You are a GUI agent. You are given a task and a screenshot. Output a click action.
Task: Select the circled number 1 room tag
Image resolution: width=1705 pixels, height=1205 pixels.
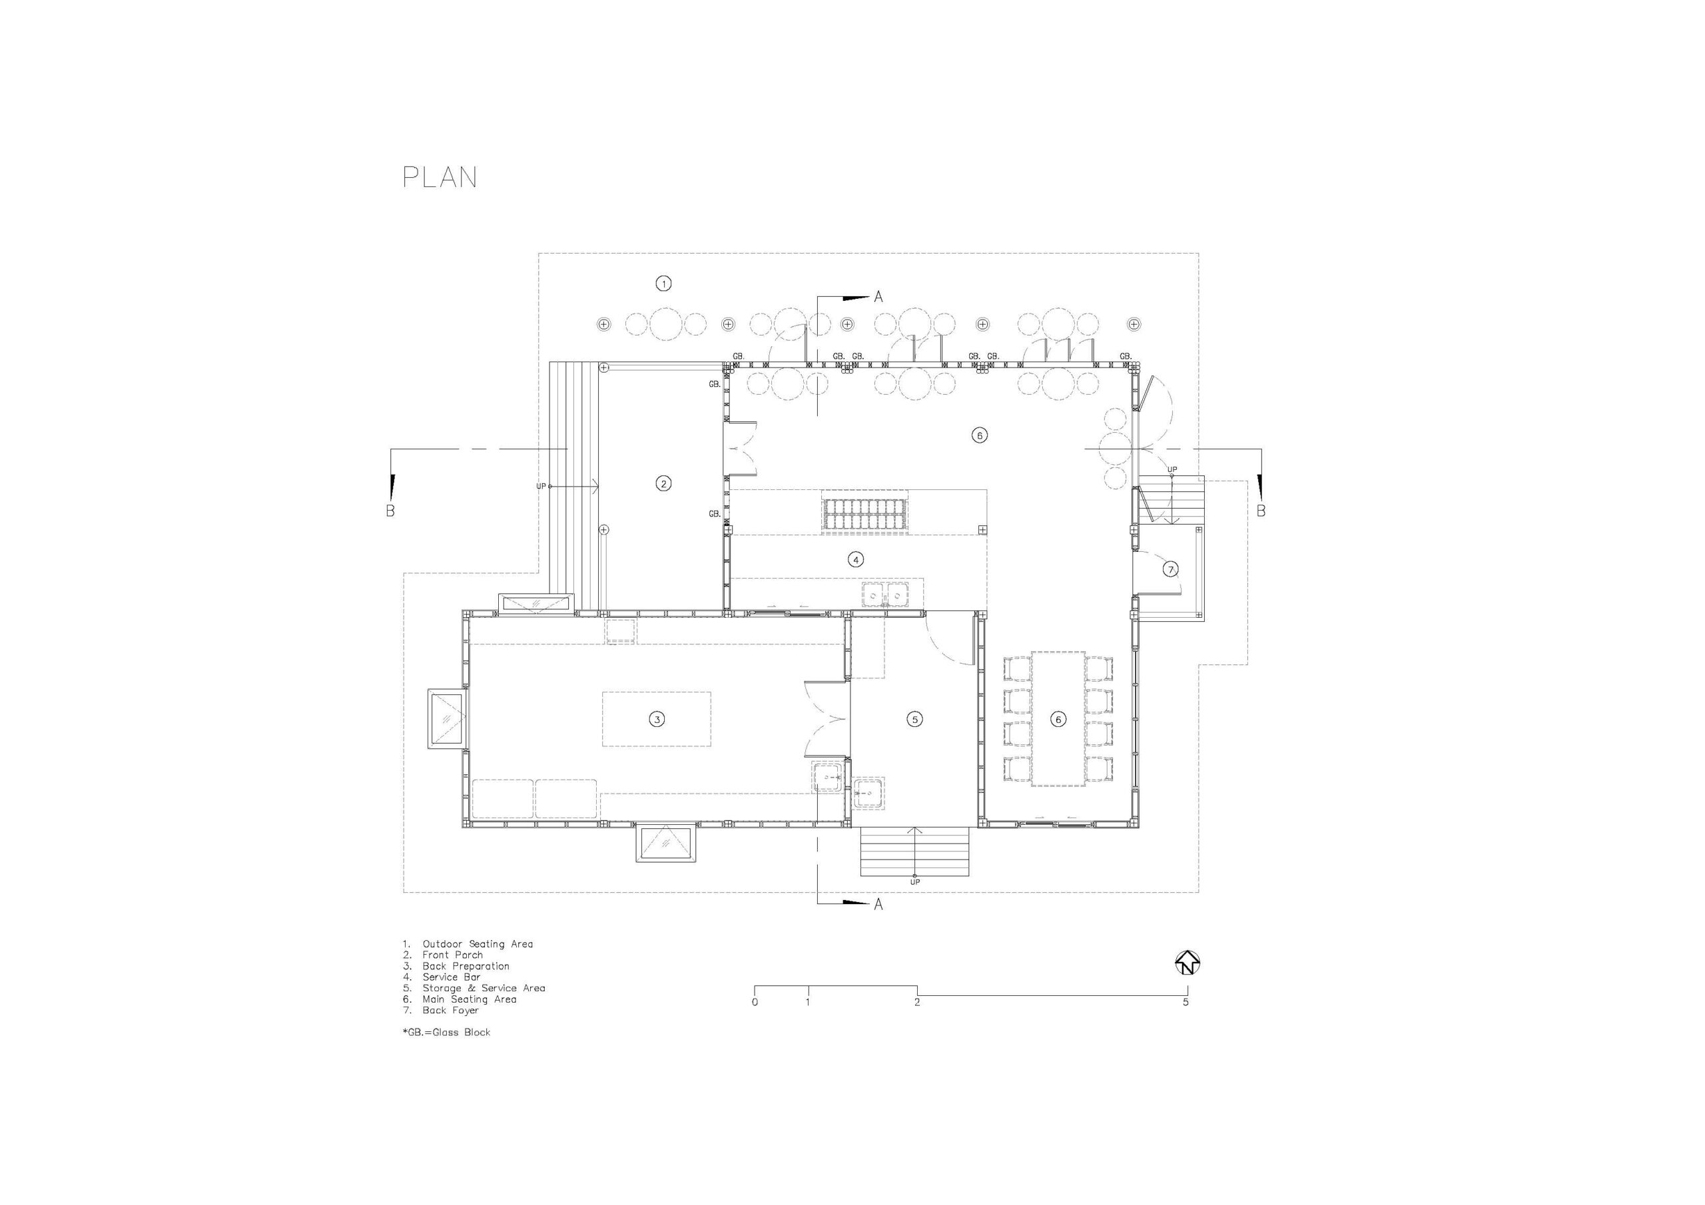click(x=664, y=283)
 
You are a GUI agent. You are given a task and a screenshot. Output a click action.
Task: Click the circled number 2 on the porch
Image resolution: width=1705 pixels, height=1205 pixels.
click(x=664, y=483)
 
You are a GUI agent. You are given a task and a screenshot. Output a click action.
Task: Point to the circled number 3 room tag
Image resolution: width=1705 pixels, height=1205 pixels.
click(x=657, y=719)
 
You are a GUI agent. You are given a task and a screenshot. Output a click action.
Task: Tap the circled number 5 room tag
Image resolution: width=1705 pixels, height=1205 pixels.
click(x=915, y=719)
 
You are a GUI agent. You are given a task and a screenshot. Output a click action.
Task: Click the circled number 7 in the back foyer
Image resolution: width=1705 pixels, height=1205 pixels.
click(x=1170, y=569)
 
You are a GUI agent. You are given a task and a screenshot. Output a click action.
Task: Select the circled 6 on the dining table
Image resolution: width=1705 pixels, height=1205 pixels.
click(x=1059, y=719)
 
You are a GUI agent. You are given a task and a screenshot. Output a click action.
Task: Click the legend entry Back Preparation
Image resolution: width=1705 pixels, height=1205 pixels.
click(x=466, y=966)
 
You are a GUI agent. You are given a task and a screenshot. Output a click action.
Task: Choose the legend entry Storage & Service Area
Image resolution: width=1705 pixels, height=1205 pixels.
click(x=484, y=988)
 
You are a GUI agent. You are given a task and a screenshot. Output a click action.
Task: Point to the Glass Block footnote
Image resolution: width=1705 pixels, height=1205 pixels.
click(x=447, y=1032)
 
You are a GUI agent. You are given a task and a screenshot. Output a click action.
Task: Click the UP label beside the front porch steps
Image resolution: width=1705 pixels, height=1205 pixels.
click(x=541, y=486)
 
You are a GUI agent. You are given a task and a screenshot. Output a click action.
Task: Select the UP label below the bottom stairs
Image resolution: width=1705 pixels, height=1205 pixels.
click(x=915, y=882)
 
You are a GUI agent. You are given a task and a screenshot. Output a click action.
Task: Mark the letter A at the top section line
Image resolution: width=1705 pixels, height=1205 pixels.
click(x=878, y=297)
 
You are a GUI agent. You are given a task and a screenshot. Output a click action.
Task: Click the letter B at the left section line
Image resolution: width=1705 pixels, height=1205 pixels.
click(x=390, y=511)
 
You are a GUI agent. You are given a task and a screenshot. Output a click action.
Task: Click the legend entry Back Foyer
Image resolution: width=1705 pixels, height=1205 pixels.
click(x=451, y=1011)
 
